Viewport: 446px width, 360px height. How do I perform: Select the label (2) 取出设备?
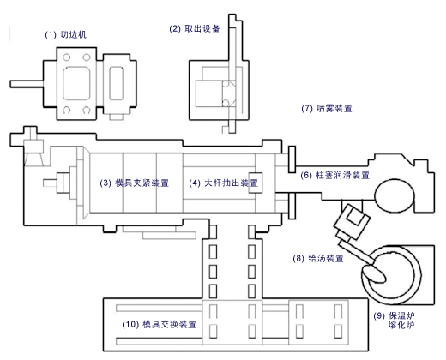click(196, 28)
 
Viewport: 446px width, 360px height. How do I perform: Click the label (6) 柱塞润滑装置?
click(334, 175)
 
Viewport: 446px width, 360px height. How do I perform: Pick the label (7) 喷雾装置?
click(327, 109)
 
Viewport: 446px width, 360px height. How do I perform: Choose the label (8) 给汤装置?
click(318, 258)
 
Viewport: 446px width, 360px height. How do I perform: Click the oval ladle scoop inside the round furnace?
click(377, 273)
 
